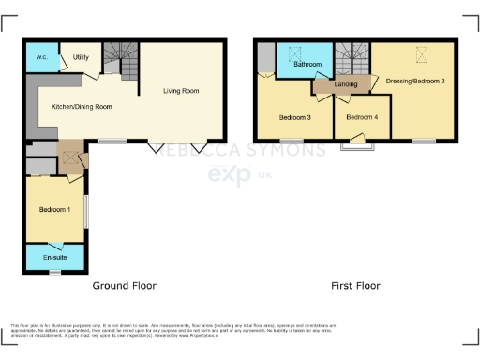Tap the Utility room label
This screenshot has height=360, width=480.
(x=81, y=57)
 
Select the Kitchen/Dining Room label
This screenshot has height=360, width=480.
(x=82, y=107)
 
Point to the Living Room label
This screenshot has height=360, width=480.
(x=181, y=91)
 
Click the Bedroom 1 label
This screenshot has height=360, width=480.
(x=54, y=209)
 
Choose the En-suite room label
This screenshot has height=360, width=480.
(x=54, y=256)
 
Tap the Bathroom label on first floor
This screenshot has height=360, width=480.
(x=307, y=65)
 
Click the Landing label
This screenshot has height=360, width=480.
(x=347, y=85)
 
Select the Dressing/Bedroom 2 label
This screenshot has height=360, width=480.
(x=415, y=82)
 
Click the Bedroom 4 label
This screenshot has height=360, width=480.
(x=362, y=117)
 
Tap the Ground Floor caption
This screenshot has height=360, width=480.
(x=124, y=285)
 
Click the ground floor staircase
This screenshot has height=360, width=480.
(x=120, y=56)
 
